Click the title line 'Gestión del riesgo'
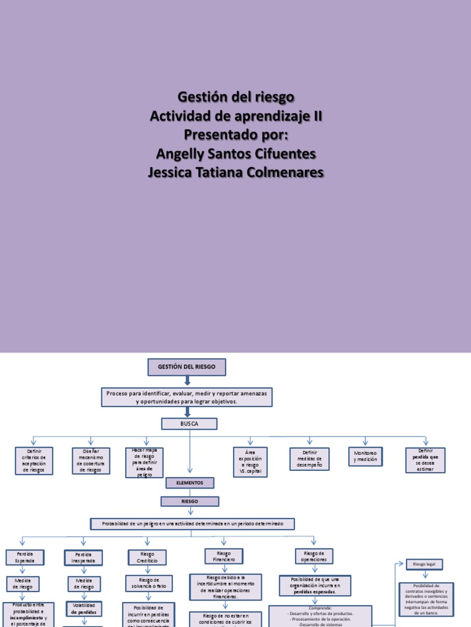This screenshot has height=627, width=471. tap(236, 97)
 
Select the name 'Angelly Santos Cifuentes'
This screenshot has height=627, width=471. tap(236, 154)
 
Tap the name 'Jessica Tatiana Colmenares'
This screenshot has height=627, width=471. tap(236, 173)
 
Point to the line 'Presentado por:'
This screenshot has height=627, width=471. tap(236, 135)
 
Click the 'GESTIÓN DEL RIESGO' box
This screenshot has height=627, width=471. tap(187, 367)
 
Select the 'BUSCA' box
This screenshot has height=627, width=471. tap(189, 424)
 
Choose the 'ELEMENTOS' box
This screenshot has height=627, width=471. tap(190, 482)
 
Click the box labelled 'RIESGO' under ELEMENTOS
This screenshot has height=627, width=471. tap(190, 501)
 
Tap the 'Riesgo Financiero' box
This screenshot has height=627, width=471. tap(224, 556)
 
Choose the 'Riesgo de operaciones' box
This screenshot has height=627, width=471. tap(315, 556)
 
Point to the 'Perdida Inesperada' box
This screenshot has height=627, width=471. tap(83, 557)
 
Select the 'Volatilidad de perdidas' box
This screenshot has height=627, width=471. tap(83, 608)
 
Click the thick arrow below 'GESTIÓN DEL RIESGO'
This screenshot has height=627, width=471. tap(188, 381)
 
